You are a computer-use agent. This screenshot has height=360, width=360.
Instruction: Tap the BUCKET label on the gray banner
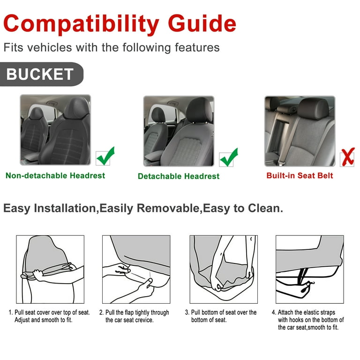40,74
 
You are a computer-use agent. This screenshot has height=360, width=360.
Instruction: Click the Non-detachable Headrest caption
55,176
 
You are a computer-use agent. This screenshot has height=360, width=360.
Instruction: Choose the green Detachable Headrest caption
179,176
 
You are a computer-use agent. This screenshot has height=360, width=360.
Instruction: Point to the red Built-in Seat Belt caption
300,176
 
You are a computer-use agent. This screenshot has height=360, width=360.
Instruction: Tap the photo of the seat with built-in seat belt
300,131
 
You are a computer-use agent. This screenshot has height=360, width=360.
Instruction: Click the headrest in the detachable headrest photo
199,109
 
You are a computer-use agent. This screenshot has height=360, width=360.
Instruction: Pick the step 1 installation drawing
50,269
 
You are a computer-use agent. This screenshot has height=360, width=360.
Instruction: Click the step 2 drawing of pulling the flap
136,269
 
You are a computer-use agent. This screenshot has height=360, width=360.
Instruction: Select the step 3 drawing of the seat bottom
223,269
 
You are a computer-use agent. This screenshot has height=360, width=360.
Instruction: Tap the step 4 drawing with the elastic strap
309,269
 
